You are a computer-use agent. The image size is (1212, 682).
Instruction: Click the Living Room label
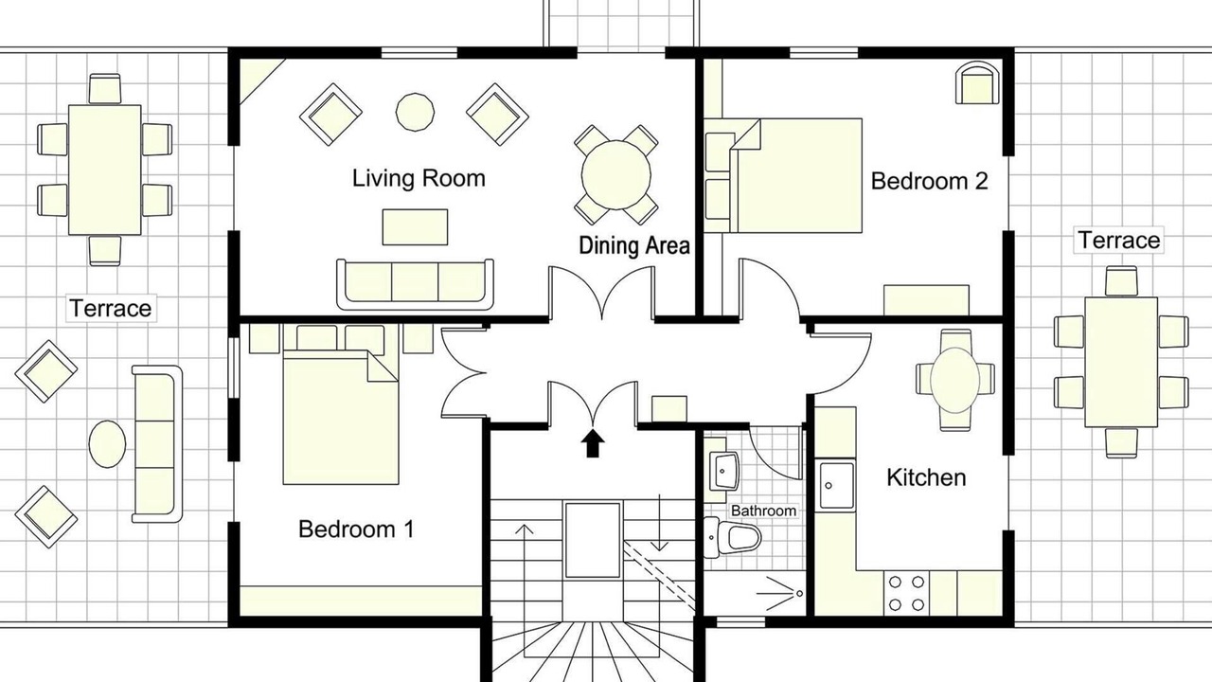click(419, 178)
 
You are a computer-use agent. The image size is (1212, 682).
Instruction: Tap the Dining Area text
click(634, 245)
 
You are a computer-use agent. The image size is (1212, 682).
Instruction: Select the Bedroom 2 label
click(929, 181)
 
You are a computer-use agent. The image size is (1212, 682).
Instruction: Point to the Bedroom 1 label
click(356, 529)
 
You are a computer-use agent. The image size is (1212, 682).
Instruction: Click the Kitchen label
click(926, 477)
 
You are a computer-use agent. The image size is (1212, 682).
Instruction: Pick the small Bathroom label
click(763, 511)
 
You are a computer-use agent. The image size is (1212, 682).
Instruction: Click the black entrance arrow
click(593, 443)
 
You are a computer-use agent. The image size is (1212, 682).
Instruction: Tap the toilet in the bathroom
click(732, 537)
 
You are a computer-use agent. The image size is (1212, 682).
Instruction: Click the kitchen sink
click(837, 485)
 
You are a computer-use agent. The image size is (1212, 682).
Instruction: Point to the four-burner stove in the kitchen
click(907, 593)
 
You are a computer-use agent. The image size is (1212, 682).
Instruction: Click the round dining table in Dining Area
click(615, 174)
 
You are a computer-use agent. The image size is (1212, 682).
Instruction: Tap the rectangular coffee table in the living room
click(415, 227)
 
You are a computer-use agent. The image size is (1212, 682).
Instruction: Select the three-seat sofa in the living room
click(415, 283)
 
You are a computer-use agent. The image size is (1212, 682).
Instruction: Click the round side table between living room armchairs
click(415, 112)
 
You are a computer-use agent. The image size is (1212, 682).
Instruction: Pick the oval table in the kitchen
click(955, 380)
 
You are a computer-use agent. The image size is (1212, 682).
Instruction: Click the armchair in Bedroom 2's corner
click(978, 82)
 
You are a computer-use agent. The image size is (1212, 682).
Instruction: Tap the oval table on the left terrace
click(107, 444)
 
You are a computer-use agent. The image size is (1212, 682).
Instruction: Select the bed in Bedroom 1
click(341, 417)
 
